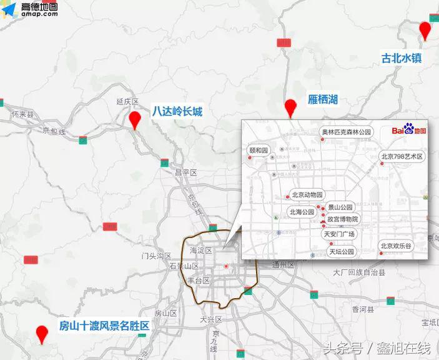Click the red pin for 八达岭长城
pyautogui.click(x=134, y=119)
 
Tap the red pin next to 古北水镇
pyautogui.click(x=425, y=29)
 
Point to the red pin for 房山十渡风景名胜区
pyautogui.click(x=42, y=334)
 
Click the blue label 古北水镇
pyautogui.click(x=402, y=58)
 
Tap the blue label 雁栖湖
pyautogui.click(x=323, y=99)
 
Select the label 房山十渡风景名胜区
pyautogui.click(x=104, y=326)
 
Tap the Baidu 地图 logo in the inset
pyautogui.click(x=409, y=130)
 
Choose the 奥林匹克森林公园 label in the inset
pyautogui.click(x=347, y=132)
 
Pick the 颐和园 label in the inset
pyautogui.click(x=258, y=151)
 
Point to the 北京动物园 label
pyautogui.click(x=307, y=194)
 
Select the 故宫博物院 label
pyautogui.click(x=343, y=219)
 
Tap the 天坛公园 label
pyautogui.click(x=342, y=252)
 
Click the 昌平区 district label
pyautogui.click(x=185, y=172)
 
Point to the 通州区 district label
pyautogui.click(x=283, y=265)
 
